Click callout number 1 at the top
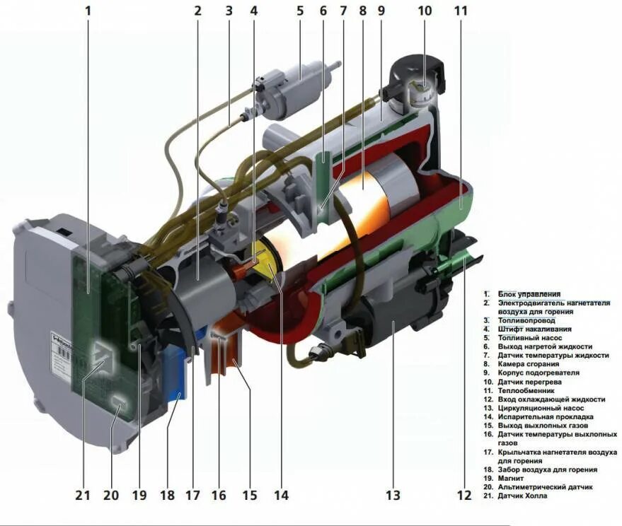(x=88, y=11)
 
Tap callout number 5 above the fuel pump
(x=299, y=11)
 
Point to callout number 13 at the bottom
(x=392, y=496)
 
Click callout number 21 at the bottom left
(x=83, y=496)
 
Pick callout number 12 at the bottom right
(x=463, y=496)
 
